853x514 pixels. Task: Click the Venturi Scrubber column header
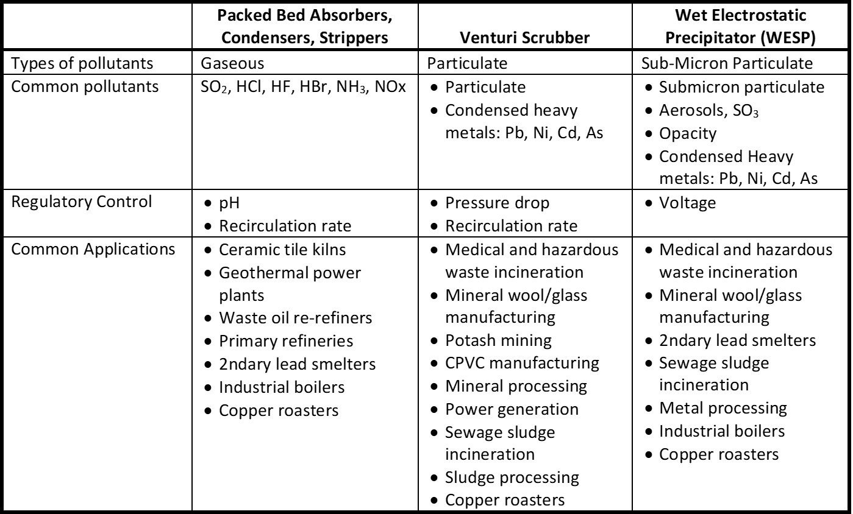click(524, 38)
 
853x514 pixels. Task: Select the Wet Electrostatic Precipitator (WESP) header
click(741, 26)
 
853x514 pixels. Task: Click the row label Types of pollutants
click(82, 63)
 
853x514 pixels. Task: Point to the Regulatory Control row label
click(82, 202)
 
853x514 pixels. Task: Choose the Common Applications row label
click(93, 249)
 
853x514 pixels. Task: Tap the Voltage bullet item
click(688, 203)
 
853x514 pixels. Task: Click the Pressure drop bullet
click(497, 203)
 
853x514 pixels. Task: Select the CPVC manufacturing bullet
click(522, 363)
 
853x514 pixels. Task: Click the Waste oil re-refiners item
click(295, 318)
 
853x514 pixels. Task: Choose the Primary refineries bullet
click(286, 341)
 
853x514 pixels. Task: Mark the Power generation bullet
click(512, 409)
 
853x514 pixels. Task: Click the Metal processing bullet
click(723, 408)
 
